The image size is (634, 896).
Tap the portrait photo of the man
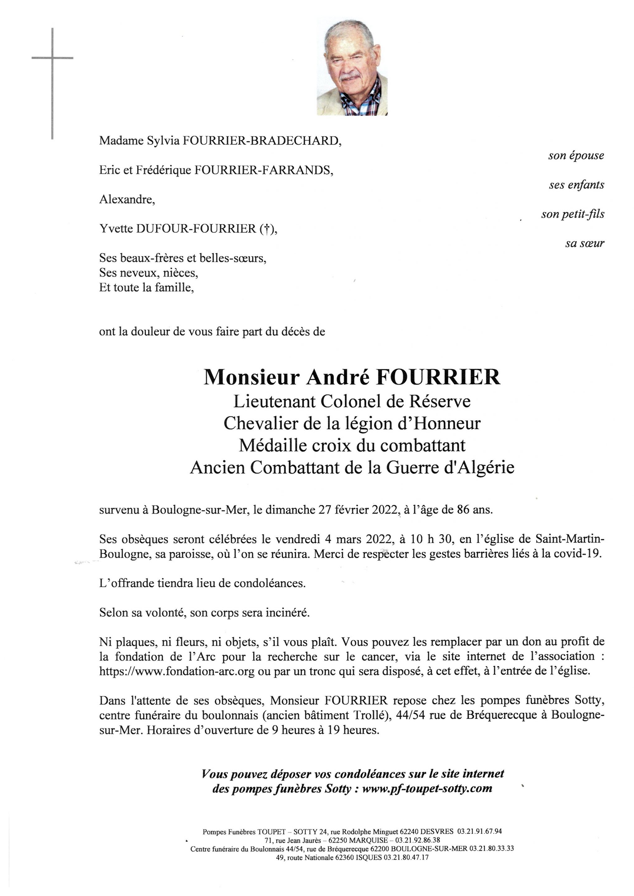click(352, 67)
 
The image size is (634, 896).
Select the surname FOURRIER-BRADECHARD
click(261, 141)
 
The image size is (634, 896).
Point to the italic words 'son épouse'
click(576, 155)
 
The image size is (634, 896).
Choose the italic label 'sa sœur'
click(585, 244)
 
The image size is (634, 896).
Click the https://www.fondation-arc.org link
click(177, 671)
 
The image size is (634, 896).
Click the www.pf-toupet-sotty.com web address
click(427, 789)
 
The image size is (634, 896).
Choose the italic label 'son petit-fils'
click(572, 214)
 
